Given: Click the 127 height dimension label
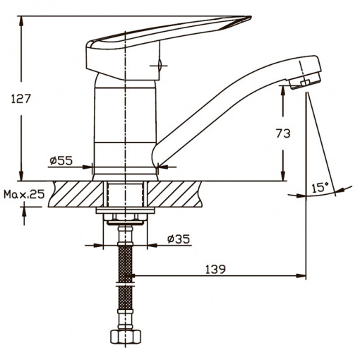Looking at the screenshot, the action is point(21,99).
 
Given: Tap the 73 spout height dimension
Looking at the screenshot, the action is point(283,133).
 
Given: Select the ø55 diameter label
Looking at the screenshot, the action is point(61,161).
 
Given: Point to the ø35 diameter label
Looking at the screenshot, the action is point(178,239).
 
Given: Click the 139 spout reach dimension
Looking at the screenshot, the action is point(215,270).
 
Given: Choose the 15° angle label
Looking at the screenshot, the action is point(320,188).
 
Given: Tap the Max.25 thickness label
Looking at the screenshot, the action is point(24,194).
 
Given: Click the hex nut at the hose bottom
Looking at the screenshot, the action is point(126,337).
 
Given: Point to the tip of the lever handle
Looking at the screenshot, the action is point(251,17).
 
